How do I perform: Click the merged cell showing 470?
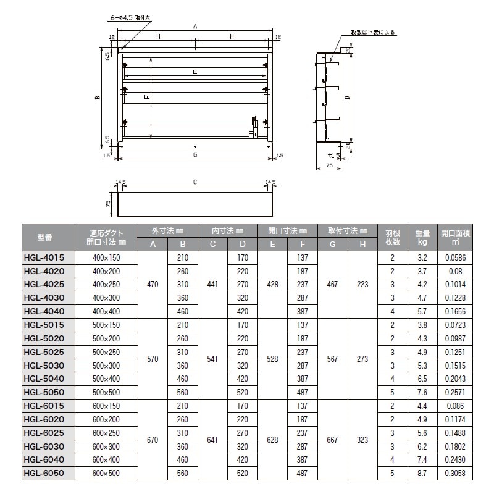(x=153, y=284)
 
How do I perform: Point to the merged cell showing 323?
(x=362, y=440)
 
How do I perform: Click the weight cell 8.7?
(x=422, y=474)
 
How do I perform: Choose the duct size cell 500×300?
(x=106, y=366)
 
